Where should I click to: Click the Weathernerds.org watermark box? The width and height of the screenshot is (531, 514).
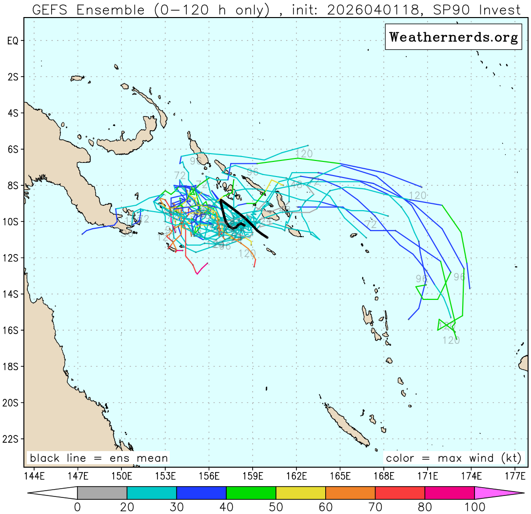click(x=453, y=38)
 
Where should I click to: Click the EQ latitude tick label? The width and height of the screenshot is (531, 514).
click(x=13, y=41)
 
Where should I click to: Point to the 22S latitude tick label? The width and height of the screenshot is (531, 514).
click(x=13, y=439)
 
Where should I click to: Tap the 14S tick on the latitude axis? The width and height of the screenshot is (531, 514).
click(x=13, y=294)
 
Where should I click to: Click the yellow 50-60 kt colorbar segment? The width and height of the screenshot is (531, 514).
click(x=300, y=493)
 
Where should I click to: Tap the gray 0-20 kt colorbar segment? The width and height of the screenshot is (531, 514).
click(x=102, y=493)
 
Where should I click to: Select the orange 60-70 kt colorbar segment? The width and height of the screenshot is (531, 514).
click(x=350, y=493)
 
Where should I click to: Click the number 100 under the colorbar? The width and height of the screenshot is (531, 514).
click(x=474, y=507)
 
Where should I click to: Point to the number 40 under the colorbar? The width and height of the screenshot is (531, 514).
click(x=226, y=507)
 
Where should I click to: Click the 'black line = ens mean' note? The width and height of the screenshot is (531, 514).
click(x=98, y=458)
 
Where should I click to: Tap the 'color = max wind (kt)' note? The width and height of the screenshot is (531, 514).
click(x=453, y=458)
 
